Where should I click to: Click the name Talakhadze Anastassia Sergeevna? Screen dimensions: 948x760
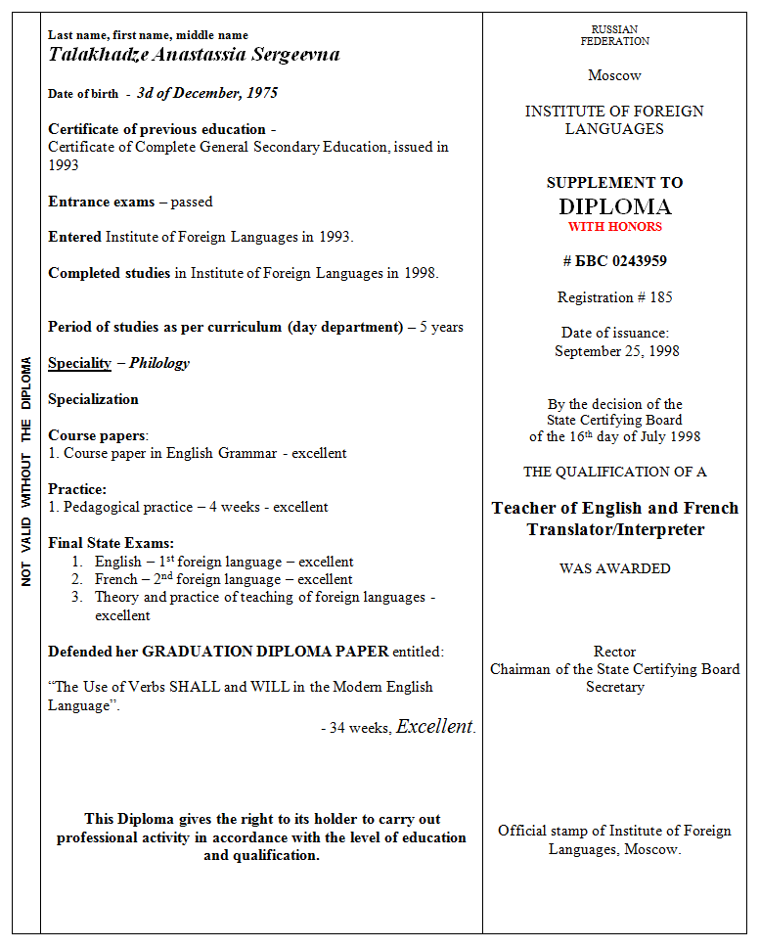(194, 55)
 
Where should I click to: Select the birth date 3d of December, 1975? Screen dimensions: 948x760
(206, 93)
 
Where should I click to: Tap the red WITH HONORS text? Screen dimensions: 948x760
(614, 227)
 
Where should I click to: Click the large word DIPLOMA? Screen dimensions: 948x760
(614, 206)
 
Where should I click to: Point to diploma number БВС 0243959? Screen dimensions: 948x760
(614, 261)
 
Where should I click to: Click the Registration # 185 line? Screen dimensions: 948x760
(614, 297)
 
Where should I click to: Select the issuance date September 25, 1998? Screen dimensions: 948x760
(616, 350)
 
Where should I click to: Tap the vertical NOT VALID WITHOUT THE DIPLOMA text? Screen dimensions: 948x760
(26, 472)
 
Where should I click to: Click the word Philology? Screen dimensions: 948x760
(159, 363)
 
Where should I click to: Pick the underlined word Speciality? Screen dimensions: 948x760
(79, 363)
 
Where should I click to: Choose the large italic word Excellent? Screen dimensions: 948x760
(434, 727)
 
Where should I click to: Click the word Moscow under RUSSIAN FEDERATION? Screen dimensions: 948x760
(614, 75)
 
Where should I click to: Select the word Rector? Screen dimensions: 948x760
(614, 652)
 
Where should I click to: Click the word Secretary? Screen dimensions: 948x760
(614, 687)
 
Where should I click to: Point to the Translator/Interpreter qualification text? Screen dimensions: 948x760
(614, 529)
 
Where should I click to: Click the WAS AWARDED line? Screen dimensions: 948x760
(614, 568)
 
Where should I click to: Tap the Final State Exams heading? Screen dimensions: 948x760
(111, 543)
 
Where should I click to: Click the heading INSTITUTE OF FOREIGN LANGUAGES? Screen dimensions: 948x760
(614, 119)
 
